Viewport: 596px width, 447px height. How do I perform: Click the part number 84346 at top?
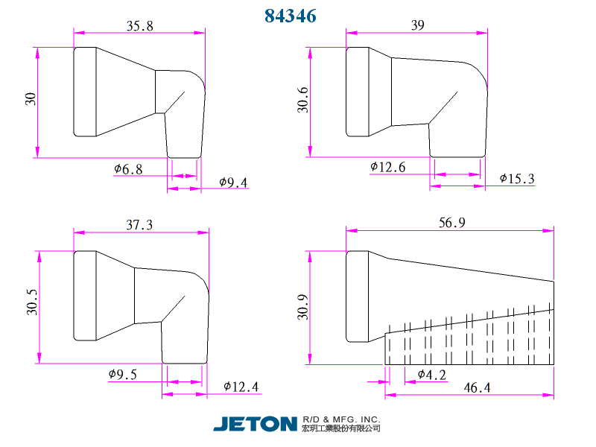pyautogui.click(x=291, y=16)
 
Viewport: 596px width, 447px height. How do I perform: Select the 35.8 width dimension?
pyautogui.click(x=140, y=26)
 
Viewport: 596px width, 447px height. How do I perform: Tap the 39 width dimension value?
pyautogui.click(x=418, y=25)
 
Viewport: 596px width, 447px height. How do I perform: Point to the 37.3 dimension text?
pyautogui.click(x=139, y=225)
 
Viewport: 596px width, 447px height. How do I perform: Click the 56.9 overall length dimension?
pyautogui.click(x=452, y=222)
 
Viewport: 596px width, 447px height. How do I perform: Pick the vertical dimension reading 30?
pyautogui.click(x=31, y=99)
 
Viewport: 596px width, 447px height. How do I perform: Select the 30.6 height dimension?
pyautogui.click(x=302, y=100)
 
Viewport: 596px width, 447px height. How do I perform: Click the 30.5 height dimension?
pyautogui.click(x=32, y=302)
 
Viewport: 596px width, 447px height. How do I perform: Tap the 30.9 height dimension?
pyautogui.click(x=302, y=307)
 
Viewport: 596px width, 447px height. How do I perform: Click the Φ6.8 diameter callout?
pyautogui.click(x=128, y=169)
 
